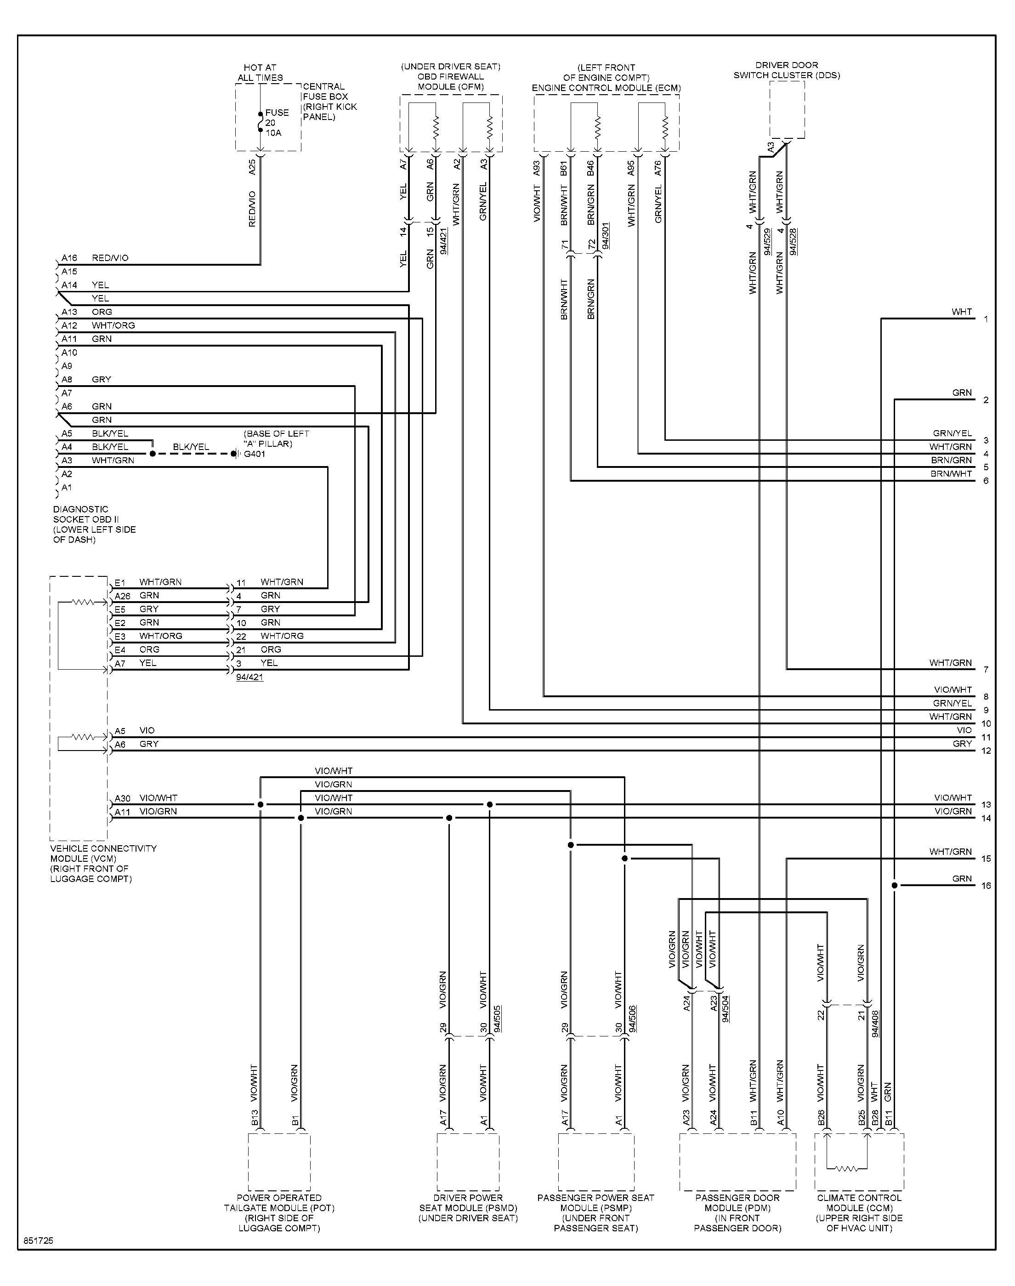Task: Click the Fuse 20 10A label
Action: tap(277, 122)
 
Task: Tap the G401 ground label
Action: tap(255, 454)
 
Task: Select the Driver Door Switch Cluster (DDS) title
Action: tap(787, 70)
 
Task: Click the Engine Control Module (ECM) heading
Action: tap(606, 78)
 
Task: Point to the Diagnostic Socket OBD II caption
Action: tap(95, 524)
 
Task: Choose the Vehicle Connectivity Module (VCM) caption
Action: tap(103, 864)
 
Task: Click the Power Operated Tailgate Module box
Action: tap(279, 1162)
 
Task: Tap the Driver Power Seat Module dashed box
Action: tap(468, 1162)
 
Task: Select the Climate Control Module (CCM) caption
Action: tap(859, 1213)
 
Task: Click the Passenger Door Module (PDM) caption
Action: tap(737, 1213)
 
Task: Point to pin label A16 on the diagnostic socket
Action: tap(69, 258)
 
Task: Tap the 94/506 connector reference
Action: tap(632, 1019)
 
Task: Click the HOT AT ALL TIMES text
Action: tap(260, 73)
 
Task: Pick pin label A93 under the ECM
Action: tap(537, 168)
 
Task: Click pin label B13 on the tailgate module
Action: tap(255, 1118)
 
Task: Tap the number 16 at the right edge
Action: tap(986, 886)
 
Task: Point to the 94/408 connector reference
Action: tap(875, 1024)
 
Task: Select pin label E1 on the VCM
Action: tap(120, 582)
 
